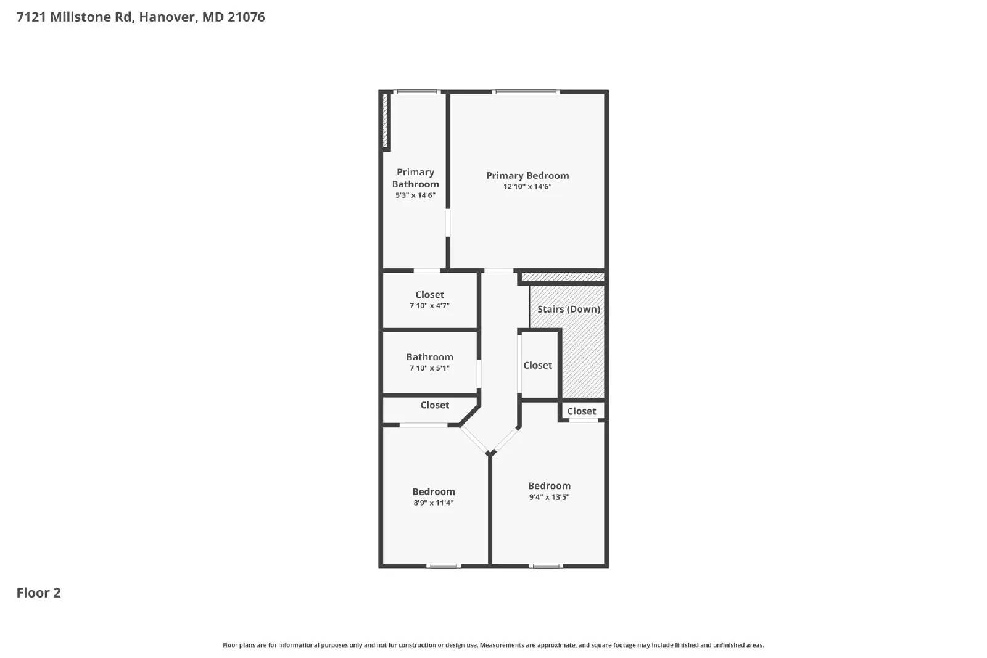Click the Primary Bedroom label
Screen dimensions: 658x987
(x=527, y=176)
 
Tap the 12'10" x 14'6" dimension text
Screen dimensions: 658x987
(x=527, y=187)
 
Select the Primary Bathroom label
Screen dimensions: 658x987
(x=415, y=178)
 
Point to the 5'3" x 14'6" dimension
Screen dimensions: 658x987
(x=415, y=195)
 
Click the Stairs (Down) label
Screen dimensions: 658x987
(x=568, y=309)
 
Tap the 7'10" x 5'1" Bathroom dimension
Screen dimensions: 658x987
(x=429, y=368)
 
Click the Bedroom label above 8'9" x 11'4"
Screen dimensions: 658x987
(x=434, y=491)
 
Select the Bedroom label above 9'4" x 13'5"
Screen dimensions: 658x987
(x=549, y=486)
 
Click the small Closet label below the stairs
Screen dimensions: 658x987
(x=582, y=411)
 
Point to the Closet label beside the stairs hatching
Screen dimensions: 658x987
(x=537, y=365)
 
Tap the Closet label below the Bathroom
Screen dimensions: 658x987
(x=434, y=405)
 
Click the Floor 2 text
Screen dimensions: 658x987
(x=38, y=593)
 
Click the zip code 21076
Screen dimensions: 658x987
(x=246, y=17)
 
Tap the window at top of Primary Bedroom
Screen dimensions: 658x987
(x=526, y=93)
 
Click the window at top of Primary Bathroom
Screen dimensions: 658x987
(x=416, y=93)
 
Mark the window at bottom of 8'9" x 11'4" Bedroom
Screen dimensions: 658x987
(x=443, y=565)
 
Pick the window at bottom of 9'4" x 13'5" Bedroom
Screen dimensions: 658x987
(x=546, y=565)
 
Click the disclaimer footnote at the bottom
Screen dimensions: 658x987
(x=493, y=645)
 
